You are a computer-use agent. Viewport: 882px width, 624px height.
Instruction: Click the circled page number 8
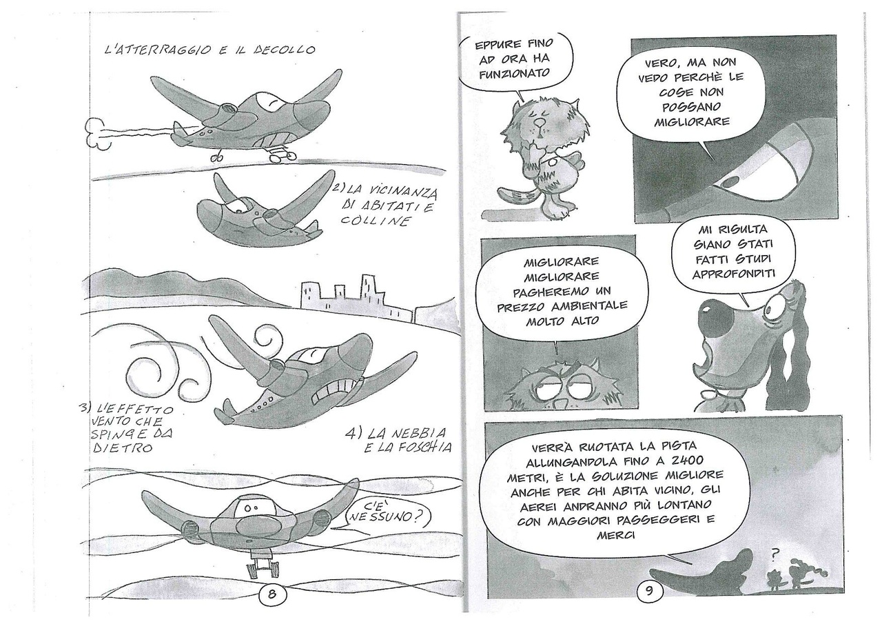271,594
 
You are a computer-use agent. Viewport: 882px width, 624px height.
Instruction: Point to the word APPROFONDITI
734,274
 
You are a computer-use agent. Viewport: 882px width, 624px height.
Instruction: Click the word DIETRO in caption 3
122,447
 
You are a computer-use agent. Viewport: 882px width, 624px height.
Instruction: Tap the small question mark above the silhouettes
774,556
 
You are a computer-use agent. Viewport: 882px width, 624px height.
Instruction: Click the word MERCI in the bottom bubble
616,535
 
